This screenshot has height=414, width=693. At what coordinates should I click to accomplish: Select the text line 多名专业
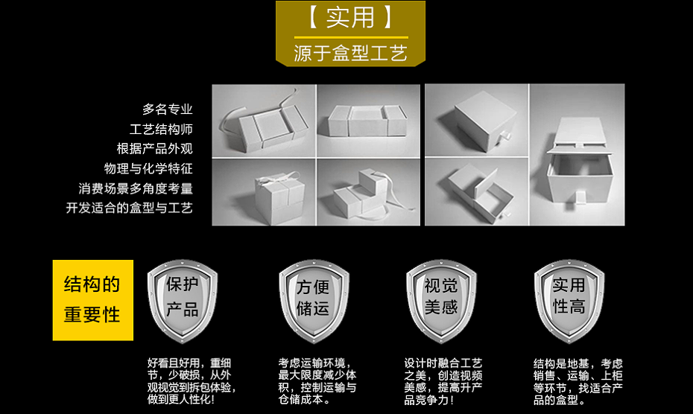tap(168, 109)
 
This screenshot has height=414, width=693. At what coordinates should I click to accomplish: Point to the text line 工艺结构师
tap(161, 129)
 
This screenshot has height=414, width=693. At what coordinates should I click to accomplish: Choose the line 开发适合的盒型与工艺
tap(130, 208)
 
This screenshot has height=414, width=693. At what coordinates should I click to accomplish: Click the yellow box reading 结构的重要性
tap(92, 299)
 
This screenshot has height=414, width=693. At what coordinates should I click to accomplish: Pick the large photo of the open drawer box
tap(577, 154)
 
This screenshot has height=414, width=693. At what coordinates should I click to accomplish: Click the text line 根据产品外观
tap(154, 148)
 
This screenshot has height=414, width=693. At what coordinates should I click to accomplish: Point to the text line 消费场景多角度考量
tap(136, 188)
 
